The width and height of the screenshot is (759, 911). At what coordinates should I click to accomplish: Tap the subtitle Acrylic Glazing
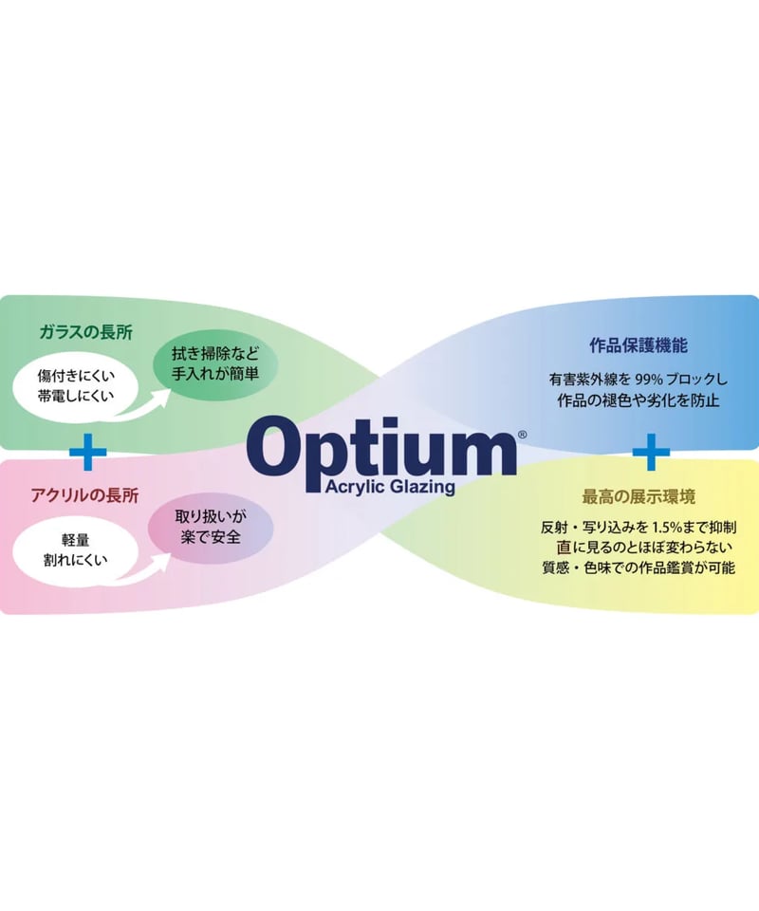tap(390, 487)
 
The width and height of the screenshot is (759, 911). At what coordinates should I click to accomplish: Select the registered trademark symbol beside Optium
tap(522, 434)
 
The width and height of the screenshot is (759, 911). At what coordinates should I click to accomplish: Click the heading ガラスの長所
tap(86, 332)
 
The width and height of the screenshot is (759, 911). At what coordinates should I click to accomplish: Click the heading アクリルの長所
tap(84, 495)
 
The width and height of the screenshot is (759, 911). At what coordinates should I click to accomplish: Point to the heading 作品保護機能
tap(639, 345)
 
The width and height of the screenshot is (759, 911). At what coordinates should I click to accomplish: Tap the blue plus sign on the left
tap(87, 452)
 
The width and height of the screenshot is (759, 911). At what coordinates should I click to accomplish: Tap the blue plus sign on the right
tap(651, 452)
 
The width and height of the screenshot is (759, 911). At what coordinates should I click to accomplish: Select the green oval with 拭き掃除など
tap(214, 364)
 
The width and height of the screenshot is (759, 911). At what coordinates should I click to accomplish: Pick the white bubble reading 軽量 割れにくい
tap(76, 549)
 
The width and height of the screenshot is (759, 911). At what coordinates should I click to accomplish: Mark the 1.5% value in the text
tap(669, 528)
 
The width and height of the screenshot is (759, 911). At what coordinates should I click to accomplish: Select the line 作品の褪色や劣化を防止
tap(639, 400)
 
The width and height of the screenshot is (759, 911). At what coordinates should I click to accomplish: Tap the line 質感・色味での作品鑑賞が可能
tap(639, 567)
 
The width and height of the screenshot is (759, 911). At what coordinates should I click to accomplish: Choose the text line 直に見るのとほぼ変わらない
tap(643, 548)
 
